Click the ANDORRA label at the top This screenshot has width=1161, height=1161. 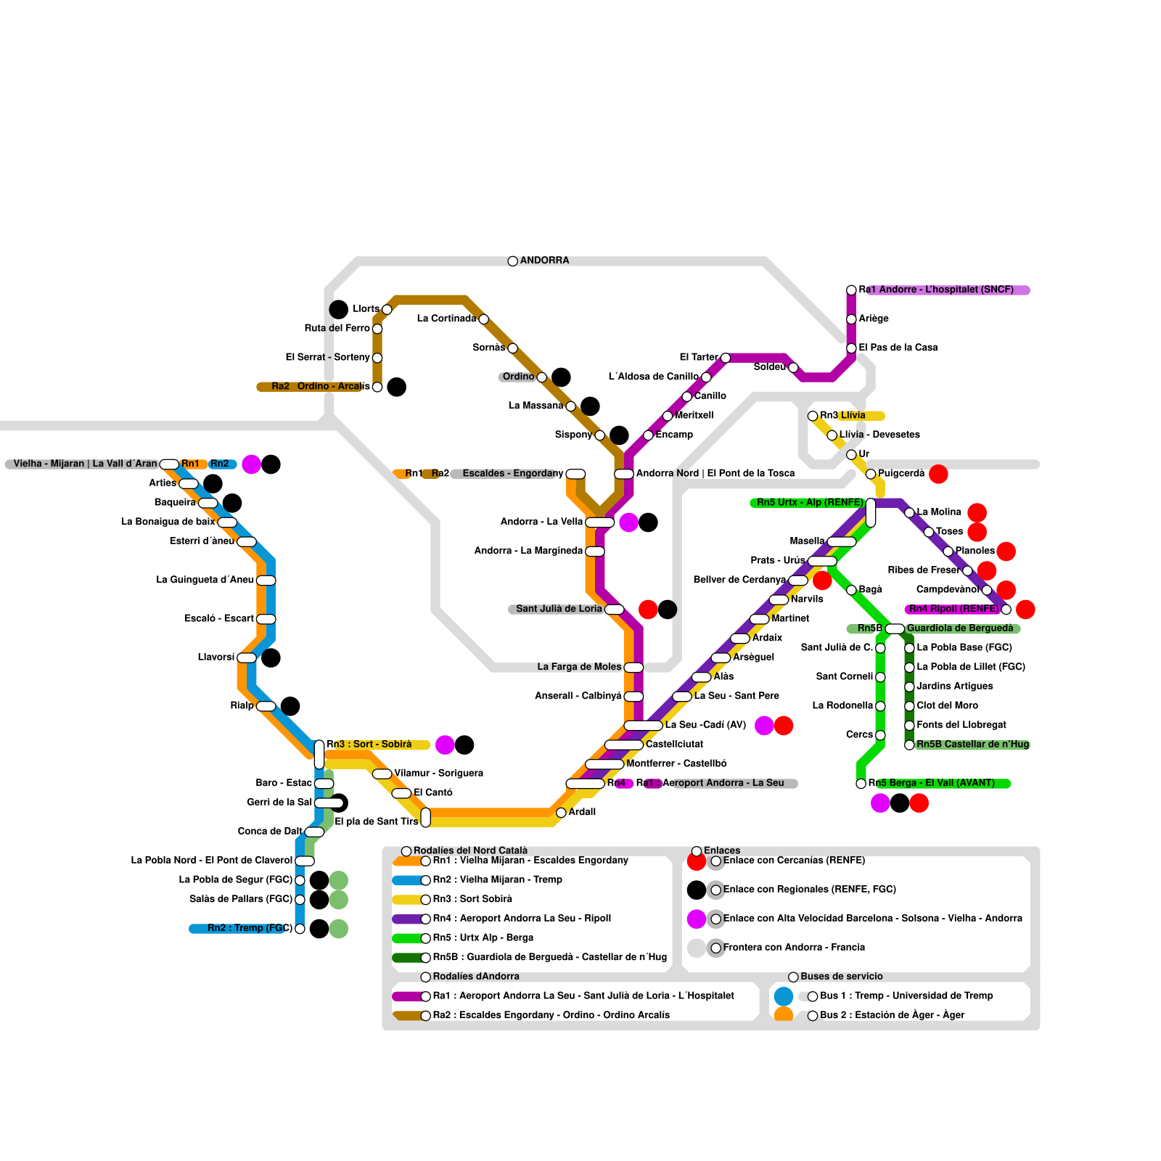tap(544, 260)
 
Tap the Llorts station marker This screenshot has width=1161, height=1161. tap(387, 310)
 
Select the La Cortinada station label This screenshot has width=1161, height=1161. tap(446, 319)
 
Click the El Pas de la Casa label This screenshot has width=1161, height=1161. tap(898, 348)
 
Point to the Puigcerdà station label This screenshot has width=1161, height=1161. tap(901, 473)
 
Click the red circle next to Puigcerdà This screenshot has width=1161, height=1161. tap(938, 474)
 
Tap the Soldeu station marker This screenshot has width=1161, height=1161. tap(793, 368)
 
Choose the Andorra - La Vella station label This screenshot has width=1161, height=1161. tap(541, 522)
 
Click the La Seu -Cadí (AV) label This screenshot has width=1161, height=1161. tap(705, 725)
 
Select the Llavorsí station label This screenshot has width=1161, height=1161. tap(216, 657)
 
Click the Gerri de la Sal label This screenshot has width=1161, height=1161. tap(279, 803)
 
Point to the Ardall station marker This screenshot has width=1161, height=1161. tap(561, 813)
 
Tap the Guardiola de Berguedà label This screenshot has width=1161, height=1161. tap(960, 628)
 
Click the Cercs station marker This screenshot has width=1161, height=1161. tap(880, 735)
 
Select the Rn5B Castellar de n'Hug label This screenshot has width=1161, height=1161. tap(972, 744)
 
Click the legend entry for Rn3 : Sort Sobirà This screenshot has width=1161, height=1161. tap(472, 899)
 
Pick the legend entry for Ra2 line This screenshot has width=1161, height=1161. tap(551, 1015)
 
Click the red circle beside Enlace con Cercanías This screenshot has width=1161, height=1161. tap(697, 861)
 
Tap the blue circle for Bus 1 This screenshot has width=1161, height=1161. tap(784, 996)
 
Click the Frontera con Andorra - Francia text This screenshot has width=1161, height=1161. tap(794, 948)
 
